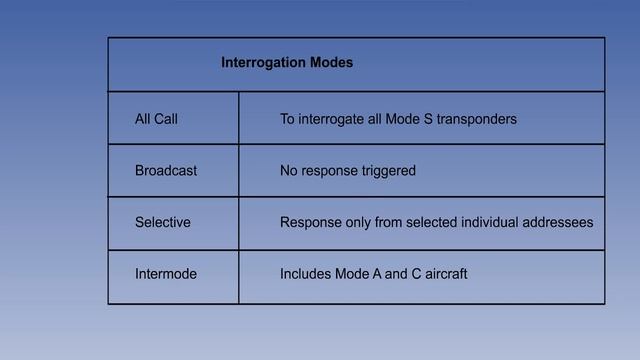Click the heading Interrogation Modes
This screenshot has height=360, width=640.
(x=286, y=63)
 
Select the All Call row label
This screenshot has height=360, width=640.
(x=156, y=120)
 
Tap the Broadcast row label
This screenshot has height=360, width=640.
(x=166, y=171)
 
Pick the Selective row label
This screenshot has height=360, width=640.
(x=162, y=222)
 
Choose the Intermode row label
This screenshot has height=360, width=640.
(x=166, y=274)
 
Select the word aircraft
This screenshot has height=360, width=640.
(x=442, y=274)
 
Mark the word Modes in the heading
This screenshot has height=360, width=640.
(x=332, y=63)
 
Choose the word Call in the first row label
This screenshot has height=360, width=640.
(x=166, y=120)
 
